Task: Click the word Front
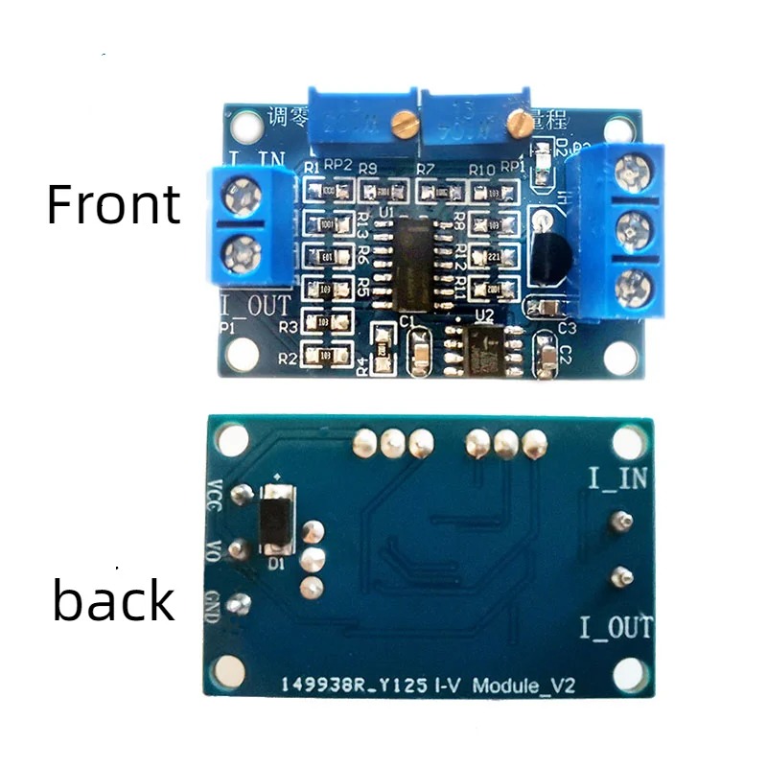113,204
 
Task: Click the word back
113,601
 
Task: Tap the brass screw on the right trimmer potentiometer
519,121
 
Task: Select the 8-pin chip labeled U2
485,350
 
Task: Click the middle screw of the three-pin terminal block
632,228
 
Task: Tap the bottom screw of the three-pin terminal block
632,285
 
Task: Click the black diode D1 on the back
278,518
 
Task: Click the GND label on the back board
215,605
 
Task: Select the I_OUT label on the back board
616,628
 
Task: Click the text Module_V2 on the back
531,685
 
